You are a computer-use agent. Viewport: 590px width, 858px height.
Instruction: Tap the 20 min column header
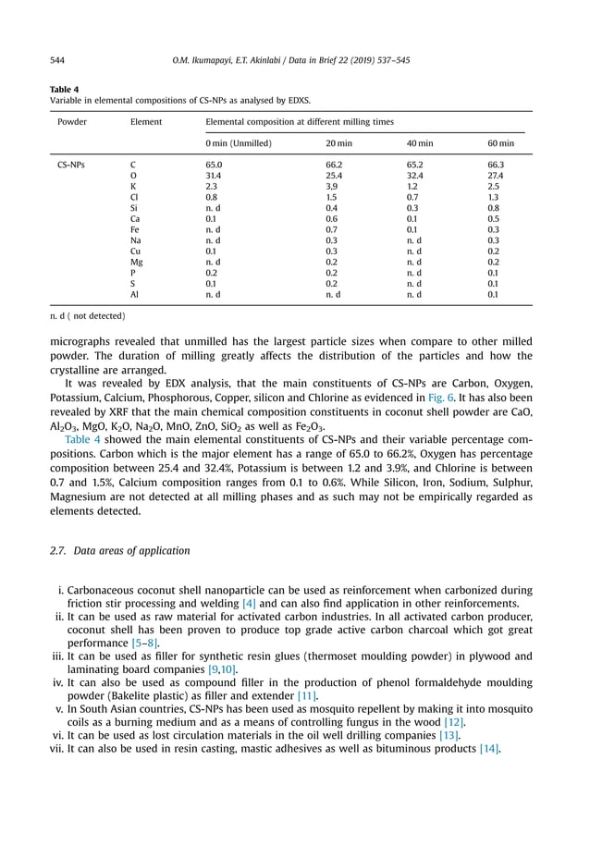click(x=338, y=143)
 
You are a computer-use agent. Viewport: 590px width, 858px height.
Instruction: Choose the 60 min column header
click(x=501, y=143)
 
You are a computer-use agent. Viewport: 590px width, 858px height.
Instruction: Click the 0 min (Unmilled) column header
click(x=238, y=143)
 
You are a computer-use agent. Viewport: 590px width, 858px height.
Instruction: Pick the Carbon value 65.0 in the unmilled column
click(x=214, y=165)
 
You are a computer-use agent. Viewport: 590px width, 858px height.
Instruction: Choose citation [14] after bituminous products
click(x=489, y=749)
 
